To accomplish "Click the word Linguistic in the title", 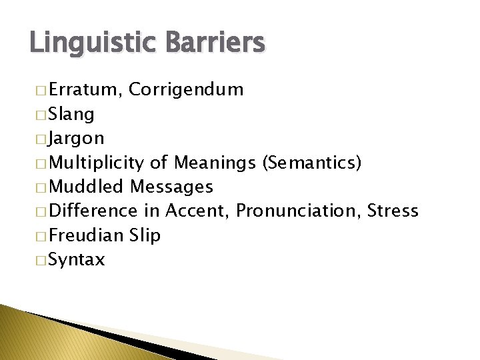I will coord(90,43).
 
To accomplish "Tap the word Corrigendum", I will coord(187,90).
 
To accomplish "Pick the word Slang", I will coord(71,115).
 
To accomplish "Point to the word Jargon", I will coord(76,139).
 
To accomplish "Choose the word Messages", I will coord(172,187).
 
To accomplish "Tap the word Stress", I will coord(394,211).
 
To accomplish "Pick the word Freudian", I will coord(87,235).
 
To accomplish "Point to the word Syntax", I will coord(77,259).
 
